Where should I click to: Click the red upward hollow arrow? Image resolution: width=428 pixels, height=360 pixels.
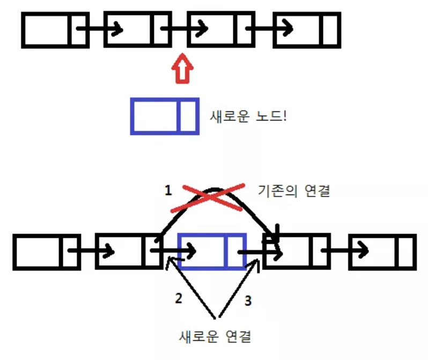tap(182, 69)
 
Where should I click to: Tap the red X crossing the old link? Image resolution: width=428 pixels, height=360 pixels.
tap(208, 198)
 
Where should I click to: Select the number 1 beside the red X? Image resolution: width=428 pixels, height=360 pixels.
tap(168, 190)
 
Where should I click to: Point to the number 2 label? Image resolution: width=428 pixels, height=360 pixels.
tap(179, 298)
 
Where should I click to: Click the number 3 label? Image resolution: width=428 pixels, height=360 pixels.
tap(248, 301)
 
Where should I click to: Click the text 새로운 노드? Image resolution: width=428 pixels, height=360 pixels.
tap(248, 116)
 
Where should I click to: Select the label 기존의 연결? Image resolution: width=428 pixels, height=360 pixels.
tap(294, 191)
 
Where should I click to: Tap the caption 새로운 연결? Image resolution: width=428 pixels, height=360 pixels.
tap(215, 336)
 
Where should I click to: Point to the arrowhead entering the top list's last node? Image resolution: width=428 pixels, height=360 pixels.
tap(287, 28)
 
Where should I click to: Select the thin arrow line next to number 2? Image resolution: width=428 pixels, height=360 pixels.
tap(190, 287)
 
